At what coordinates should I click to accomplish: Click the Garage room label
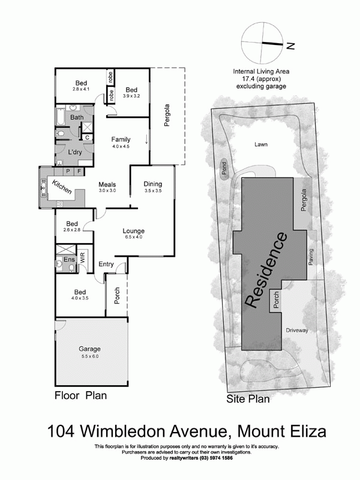89,349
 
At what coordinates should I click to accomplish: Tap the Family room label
121,139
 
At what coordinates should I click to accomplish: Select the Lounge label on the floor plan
133,231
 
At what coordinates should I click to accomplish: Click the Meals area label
107,184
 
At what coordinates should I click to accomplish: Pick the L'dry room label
75,151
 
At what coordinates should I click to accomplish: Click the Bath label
77,118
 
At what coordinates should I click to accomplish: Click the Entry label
106,264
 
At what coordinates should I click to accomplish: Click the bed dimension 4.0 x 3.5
80,298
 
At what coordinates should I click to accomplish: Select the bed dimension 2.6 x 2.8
71,229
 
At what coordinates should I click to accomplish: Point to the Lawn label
260,145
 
